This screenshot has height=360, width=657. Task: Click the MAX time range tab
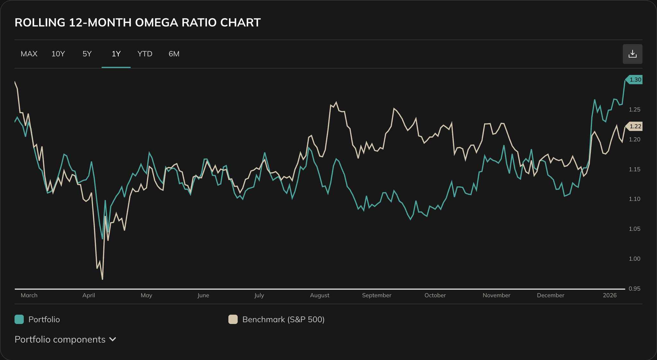point(29,54)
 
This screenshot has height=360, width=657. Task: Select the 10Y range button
point(58,54)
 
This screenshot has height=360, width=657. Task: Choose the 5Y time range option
point(87,54)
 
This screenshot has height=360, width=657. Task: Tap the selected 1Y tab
point(116,54)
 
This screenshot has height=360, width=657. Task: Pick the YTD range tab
point(145,54)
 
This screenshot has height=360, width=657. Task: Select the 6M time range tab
point(174,54)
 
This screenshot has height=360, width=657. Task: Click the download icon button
point(632,54)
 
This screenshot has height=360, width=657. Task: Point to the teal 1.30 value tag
point(635,80)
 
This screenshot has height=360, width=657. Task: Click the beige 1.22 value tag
point(635,126)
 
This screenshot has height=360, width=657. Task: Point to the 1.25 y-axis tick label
point(634,110)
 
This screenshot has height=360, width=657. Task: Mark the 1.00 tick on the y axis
point(634,259)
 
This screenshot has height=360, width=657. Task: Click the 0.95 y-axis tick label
point(634,289)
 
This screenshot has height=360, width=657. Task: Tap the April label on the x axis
point(89,296)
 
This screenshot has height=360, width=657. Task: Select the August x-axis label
point(320,296)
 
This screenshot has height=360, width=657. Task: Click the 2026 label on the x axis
point(610,296)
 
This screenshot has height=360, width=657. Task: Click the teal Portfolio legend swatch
point(19,320)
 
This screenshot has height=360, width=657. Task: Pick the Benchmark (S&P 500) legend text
point(283,320)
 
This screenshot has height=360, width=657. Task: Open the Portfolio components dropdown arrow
point(113,339)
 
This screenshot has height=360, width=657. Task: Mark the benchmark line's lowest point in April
point(102,279)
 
